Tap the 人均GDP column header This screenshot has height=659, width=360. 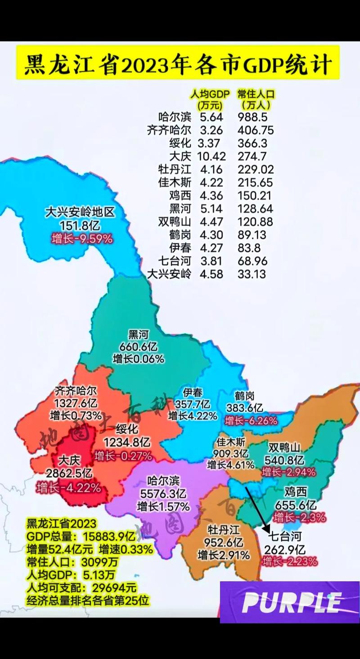209,94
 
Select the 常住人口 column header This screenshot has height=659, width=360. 256,94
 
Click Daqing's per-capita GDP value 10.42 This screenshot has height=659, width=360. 210,156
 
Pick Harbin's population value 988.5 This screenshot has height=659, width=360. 252,117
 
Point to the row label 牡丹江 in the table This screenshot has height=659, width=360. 174,169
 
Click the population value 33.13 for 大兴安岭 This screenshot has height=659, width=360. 252,274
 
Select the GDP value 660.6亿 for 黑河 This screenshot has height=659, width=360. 138,347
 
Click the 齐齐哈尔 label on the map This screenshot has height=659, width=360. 75,390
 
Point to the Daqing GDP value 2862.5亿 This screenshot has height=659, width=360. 69,473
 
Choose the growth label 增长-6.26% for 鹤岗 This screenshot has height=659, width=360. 251,421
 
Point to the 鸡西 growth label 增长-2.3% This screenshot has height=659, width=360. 299,517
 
